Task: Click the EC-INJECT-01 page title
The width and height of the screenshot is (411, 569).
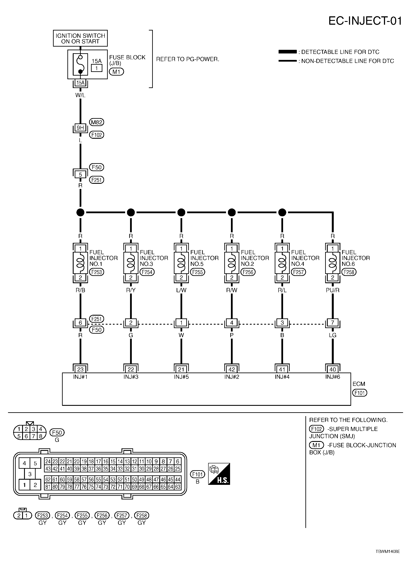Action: [x=365, y=21]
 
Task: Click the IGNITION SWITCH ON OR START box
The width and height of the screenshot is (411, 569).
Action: [x=80, y=38]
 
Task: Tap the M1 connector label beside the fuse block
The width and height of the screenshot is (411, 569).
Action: [x=116, y=72]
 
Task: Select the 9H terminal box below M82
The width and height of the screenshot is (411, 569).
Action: [x=80, y=128]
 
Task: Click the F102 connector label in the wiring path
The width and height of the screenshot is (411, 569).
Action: [x=97, y=135]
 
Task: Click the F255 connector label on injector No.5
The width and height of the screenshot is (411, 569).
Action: [x=197, y=272]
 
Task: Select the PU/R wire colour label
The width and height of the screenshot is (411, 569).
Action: [x=332, y=290]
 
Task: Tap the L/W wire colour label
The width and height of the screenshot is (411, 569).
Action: [x=181, y=290]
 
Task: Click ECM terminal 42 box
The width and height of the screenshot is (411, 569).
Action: [x=232, y=369]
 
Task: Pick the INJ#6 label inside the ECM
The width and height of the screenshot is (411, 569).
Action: [x=332, y=377]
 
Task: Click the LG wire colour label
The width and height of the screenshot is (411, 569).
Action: [x=332, y=335]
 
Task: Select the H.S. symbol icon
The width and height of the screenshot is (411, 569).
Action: [x=219, y=474]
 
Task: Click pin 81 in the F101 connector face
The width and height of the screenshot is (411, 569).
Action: [x=48, y=487]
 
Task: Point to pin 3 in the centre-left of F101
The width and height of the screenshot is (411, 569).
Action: [x=30, y=474]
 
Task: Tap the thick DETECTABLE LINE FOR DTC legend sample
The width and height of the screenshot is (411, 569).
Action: [x=287, y=52]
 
